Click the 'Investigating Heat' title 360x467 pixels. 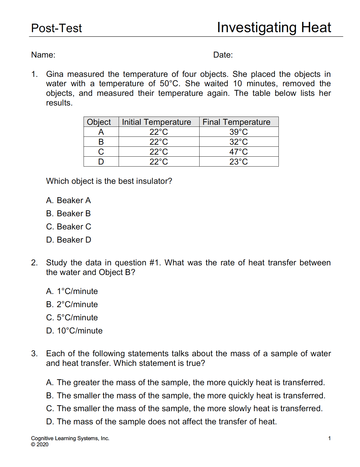pos(274,28)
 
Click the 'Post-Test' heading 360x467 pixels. pos(56,28)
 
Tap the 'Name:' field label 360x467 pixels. pos(43,55)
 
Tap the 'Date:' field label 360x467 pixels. pos(223,55)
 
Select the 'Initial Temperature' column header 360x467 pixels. pos(156,122)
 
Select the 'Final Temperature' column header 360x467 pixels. pos(236,122)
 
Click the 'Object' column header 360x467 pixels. pos(99,122)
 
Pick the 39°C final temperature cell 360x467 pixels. pos(238,132)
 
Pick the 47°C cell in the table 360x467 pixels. pos(238,152)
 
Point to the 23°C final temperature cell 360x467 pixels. pos(238,162)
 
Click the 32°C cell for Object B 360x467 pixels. pos(238,142)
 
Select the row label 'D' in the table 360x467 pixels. pos(101,162)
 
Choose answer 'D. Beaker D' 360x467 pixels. pos(69,240)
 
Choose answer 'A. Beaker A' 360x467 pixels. pos(68,200)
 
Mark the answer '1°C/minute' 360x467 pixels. pos(72,291)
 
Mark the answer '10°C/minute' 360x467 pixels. pos(74,331)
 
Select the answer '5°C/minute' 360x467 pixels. pos(72,318)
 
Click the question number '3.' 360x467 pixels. pos(34,354)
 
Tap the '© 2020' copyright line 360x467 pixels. pos(40,444)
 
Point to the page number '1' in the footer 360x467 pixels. pos(329,438)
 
